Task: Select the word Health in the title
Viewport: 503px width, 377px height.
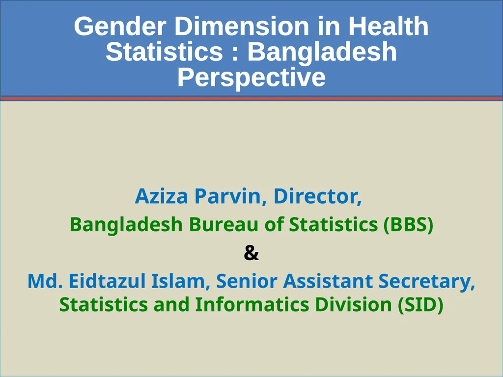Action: click(388, 27)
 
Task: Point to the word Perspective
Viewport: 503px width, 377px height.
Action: click(251, 78)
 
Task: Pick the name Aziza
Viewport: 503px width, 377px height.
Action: click(161, 196)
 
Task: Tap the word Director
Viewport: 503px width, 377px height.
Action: click(317, 196)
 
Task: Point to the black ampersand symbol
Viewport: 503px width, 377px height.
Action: click(251, 253)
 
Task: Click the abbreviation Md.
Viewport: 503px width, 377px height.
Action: click(46, 281)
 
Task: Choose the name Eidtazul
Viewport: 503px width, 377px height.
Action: click(104, 281)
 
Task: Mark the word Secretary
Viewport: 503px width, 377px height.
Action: click(427, 281)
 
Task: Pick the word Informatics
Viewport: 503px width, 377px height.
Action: click(252, 304)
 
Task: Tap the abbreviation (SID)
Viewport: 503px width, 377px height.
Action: click(420, 304)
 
